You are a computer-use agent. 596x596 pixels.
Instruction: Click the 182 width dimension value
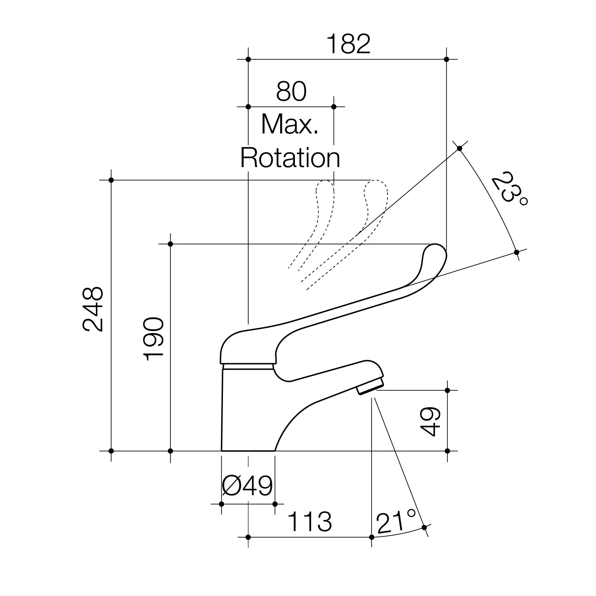tap(348, 44)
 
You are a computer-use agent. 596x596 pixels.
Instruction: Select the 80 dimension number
tap(291, 91)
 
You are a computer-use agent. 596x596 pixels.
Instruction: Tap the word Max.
tap(290, 124)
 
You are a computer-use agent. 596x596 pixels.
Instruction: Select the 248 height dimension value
tap(93, 309)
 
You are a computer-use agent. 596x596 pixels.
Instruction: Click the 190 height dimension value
tap(153, 339)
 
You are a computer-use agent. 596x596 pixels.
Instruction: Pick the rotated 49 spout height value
tap(431, 421)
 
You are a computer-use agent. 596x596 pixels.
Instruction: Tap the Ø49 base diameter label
tap(248, 486)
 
